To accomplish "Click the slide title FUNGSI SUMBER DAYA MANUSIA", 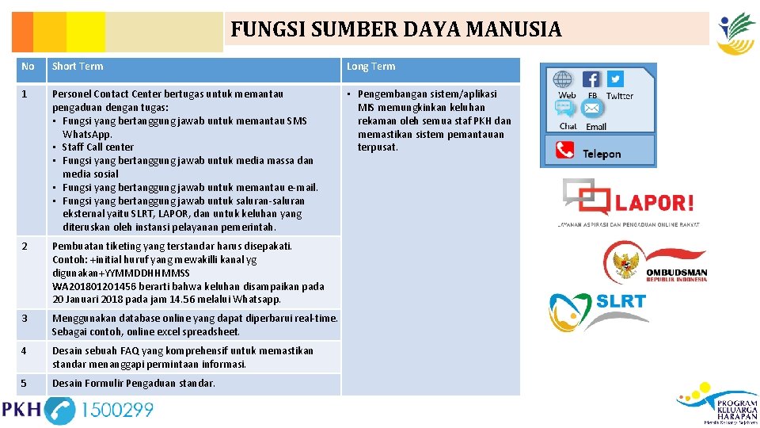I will (x=396, y=30).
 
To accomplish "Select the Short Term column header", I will (x=78, y=67).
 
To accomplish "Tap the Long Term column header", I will (x=370, y=67).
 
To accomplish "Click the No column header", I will (x=28, y=67).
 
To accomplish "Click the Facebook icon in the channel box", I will (x=591, y=79).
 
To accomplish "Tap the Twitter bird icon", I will (x=615, y=78).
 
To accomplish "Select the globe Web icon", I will (x=563, y=79).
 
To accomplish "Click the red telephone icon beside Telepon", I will (x=564, y=150).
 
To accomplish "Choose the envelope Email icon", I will (x=592, y=109).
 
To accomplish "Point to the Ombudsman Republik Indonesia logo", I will (x=655, y=262).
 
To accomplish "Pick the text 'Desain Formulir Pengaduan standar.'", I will (x=133, y=384).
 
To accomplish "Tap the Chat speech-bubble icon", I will (x=567, y=109).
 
